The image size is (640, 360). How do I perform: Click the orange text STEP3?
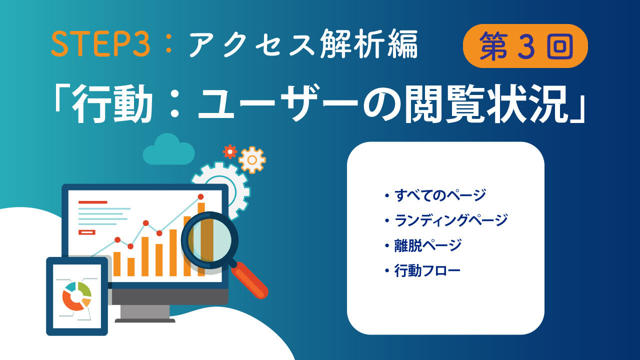point(100,44)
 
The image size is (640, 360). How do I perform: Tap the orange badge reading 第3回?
point(525,46)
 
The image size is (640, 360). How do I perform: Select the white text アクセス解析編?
point(303,45)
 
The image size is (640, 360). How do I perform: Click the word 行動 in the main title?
point(111,103)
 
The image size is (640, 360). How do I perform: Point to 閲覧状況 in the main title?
point(486,103)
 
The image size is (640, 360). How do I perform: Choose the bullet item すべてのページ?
point(440,195)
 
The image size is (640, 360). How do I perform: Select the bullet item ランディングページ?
point(451,220)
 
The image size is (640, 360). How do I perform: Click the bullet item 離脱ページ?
point(427,245)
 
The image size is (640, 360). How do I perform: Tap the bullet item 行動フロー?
point(427,270)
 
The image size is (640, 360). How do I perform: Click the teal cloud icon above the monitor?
point(168,150)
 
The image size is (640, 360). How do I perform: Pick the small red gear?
point(230,151)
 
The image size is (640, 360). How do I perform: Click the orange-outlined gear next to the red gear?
point(252,160)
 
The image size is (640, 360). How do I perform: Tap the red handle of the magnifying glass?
point(249,280)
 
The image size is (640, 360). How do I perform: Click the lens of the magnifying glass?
point(210,240)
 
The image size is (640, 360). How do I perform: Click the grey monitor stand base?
point(145,320)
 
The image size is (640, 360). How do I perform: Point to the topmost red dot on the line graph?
point(201,197)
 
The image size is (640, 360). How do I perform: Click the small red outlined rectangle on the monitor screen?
point(87,232)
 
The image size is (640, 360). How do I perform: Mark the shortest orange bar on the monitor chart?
point(131,267)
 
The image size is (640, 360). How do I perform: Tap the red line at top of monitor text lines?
point(93,202)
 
